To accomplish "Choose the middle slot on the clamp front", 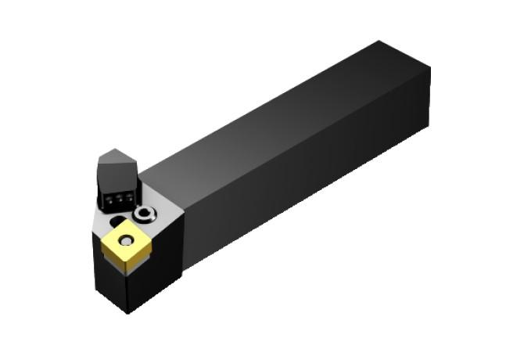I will [x=116, y=200].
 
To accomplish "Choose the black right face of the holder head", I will [x=160, y=266].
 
